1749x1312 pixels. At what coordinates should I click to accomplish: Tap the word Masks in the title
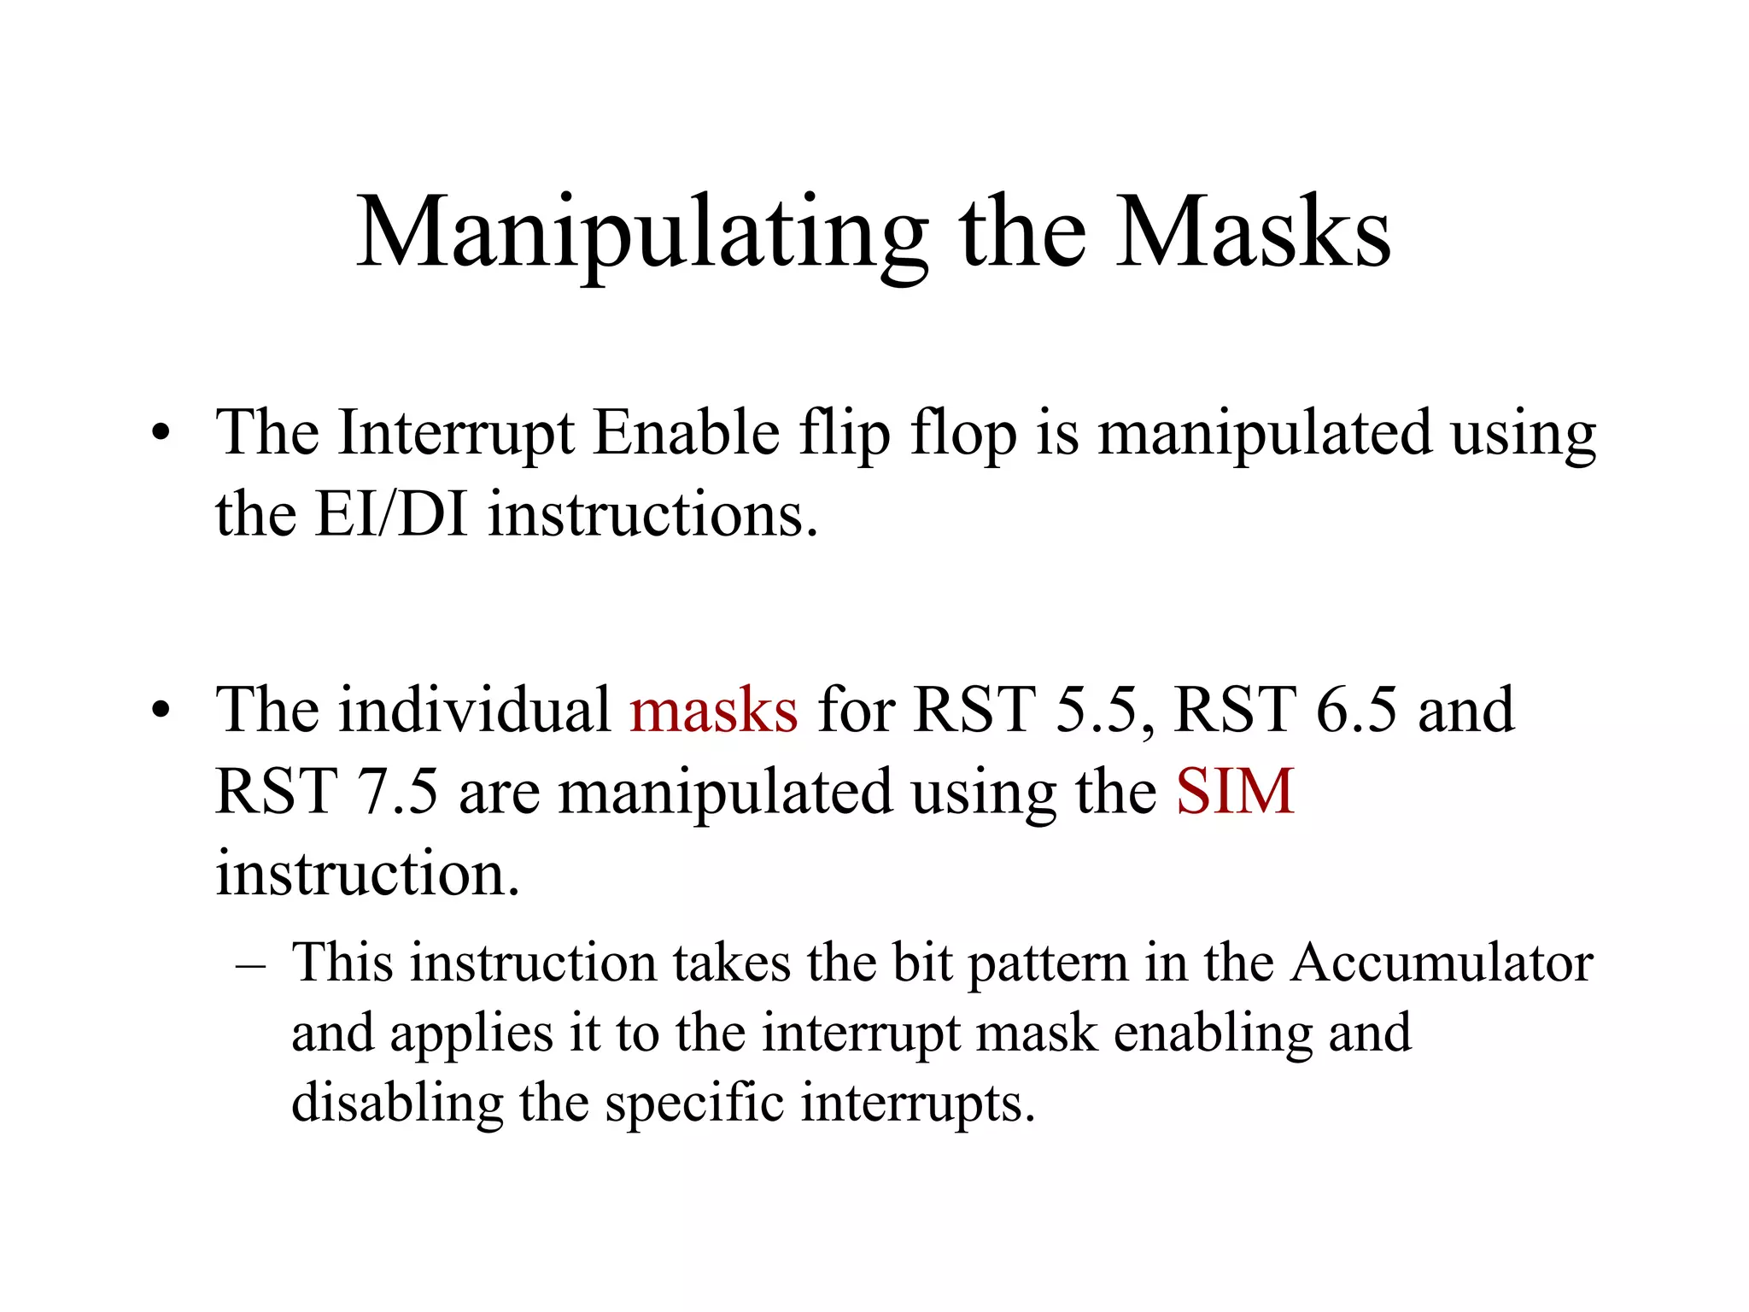1254,232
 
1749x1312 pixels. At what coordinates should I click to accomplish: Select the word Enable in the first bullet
686,432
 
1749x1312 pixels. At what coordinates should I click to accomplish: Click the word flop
963,434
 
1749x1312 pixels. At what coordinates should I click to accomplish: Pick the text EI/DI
391,514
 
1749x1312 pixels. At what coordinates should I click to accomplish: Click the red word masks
714,710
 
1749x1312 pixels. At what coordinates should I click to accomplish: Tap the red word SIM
1235,792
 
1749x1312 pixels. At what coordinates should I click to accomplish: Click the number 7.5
395,792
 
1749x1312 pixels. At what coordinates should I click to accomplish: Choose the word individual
474,710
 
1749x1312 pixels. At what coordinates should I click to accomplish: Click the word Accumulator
1442,963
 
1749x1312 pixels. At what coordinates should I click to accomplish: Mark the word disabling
397,1103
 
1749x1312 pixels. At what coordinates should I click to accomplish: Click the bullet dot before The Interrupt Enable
161,434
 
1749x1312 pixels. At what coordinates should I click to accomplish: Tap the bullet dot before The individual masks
161,711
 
